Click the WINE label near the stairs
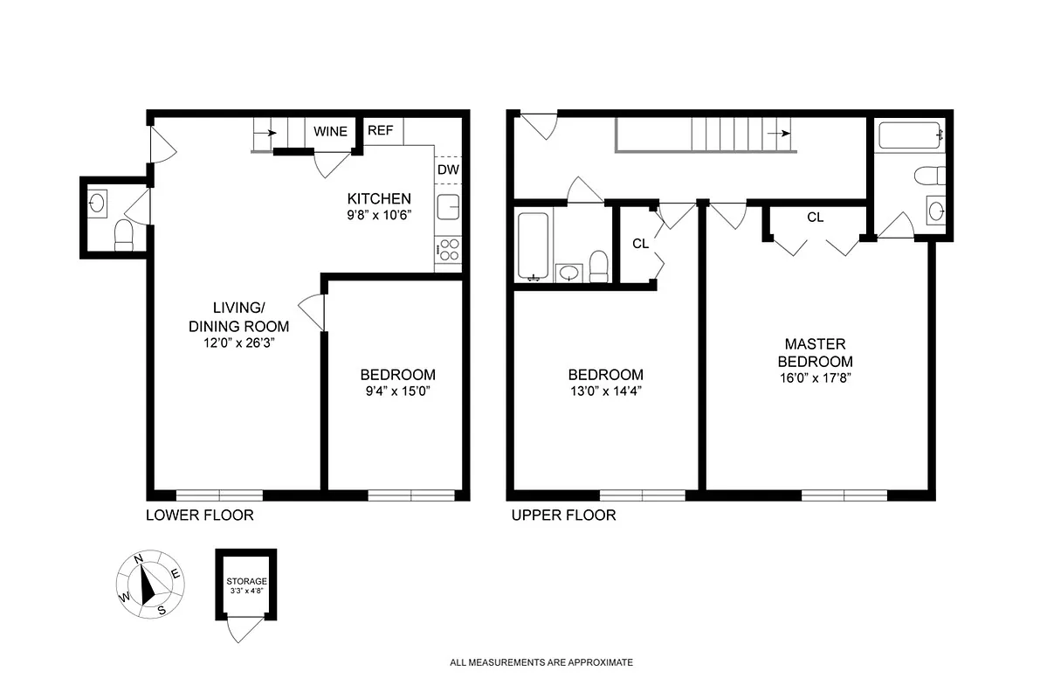pyautogui.click(x=331, y=132)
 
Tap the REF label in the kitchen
pyautogui.click(x=380, y=131)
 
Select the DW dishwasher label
pyautogui.click(x=447, y=170)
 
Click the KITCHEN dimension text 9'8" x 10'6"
pyautogui.click(x=379, y=215)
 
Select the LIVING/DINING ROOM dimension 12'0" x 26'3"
pyautogui.click(x=239, y=343)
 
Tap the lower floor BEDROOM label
pyautogui.click(x=397, y=375)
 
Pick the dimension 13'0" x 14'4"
pyautogui.click(x=605, y=391)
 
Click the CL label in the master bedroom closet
pyautogui.click(x=815, y=218)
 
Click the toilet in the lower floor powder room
pyautogui.click(x=124, y=234)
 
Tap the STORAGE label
pyautogui.click(x=246, y=581)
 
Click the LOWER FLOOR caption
pyautogui.click(x=200, y=516)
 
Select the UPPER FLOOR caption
pyautogui.click(x=563, y=516)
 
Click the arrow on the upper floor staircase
pyautogui.click(x=779, y=134)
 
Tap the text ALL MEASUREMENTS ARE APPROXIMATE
pyautogui.click(x=541, y=662)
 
